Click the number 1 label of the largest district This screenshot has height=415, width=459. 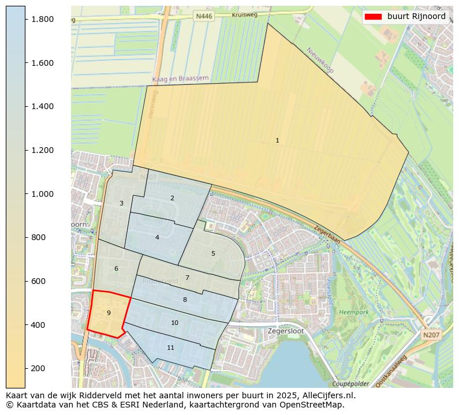[277, 141]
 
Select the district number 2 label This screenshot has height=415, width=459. [172, 199]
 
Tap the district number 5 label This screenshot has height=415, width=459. [213, 253]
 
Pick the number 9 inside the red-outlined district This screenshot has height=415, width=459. [109, 313]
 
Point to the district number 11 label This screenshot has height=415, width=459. [170, 347]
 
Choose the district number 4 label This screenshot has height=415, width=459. [157, 237]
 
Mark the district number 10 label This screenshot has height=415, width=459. [174, 323]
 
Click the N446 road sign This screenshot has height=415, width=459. [204, 17]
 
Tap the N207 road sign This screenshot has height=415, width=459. [430, 335]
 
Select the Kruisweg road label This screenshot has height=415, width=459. [244, 14]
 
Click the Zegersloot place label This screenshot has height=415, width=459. [285, 331]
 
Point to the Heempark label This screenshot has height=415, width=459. [354, 312]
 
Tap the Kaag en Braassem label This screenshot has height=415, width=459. [180, 78]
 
